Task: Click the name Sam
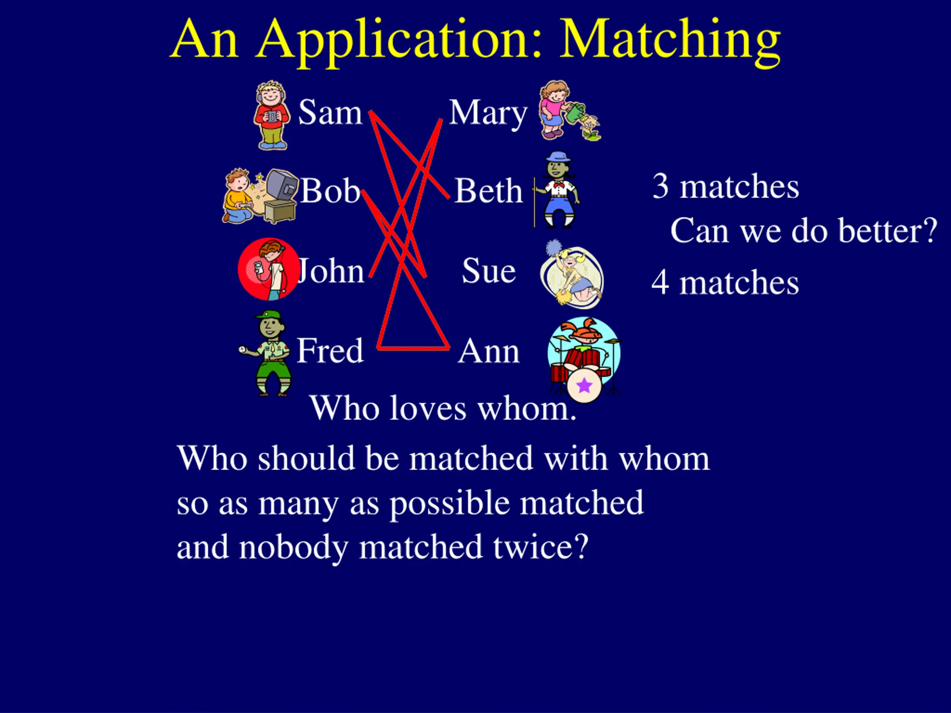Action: point(330,113)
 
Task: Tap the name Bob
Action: point(330,191)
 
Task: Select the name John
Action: point(331,271)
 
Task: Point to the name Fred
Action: point(330,351)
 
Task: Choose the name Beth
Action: point(489,191)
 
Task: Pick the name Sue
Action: point(489,271)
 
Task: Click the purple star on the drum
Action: point(584,385)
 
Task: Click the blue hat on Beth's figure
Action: point(558,156)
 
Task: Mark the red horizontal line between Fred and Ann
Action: point(413,348)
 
